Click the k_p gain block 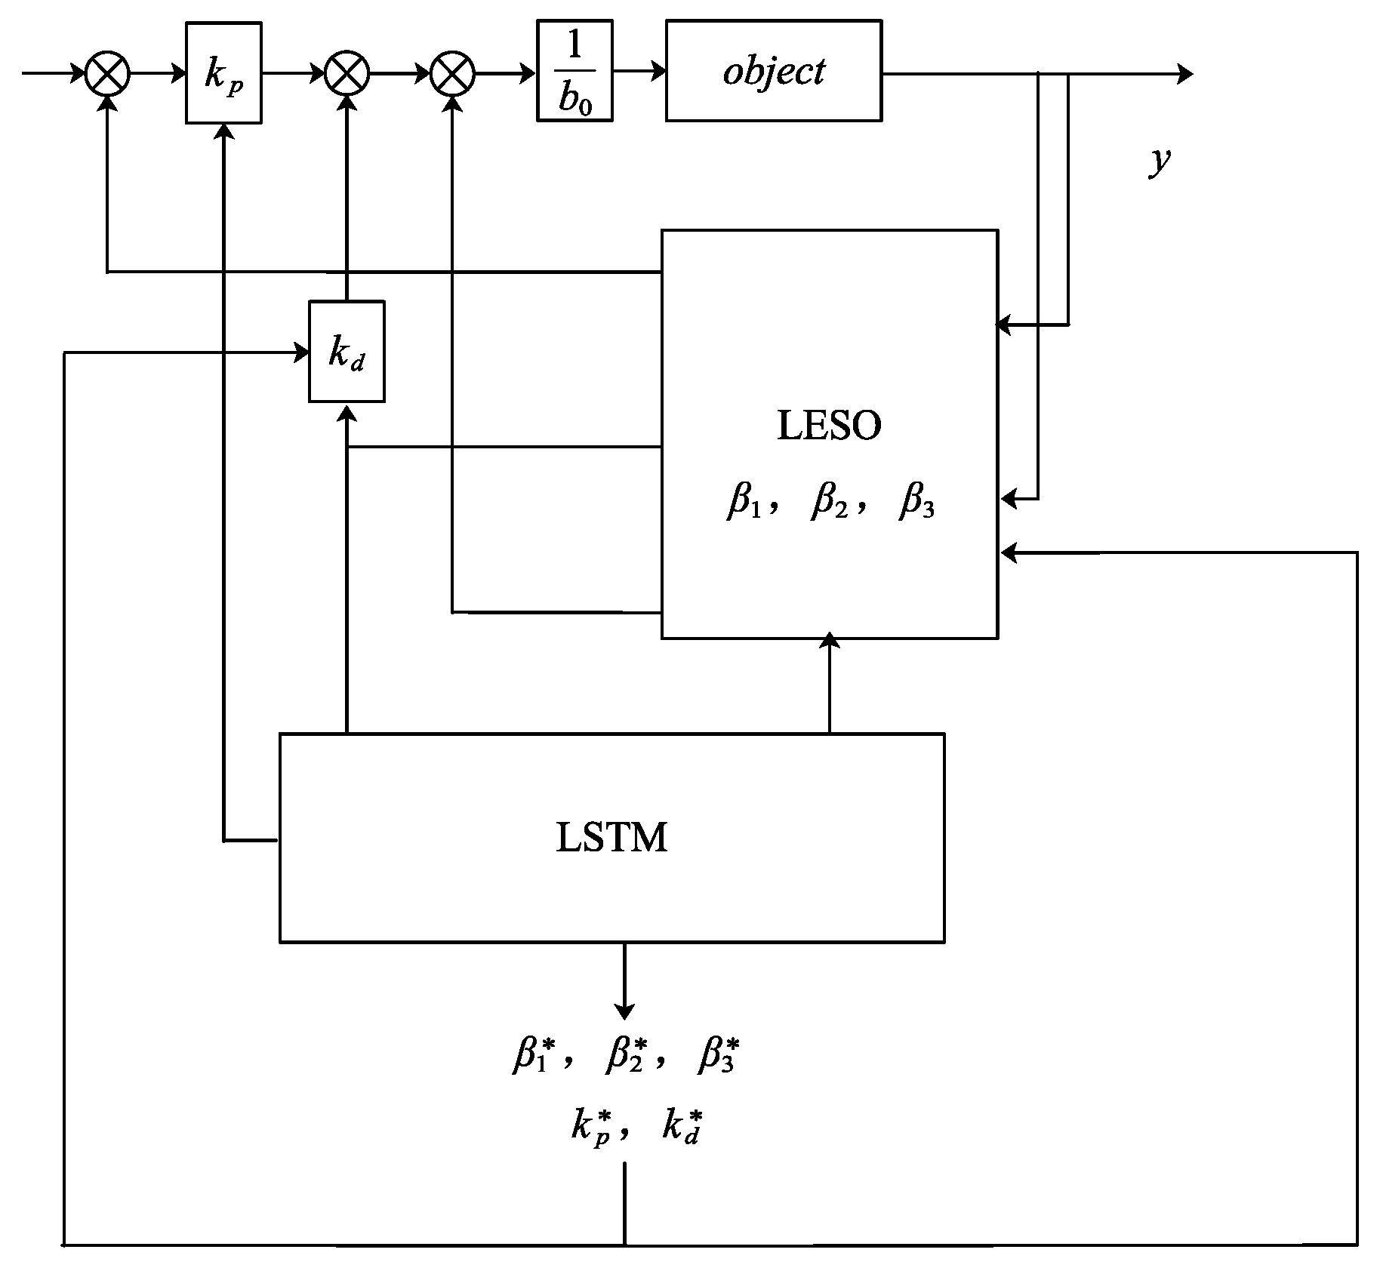(223, 73)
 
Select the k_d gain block (347, 352)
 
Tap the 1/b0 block (574, 72)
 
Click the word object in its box (773, 71)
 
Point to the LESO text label (829, 426)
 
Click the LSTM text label (611, 838)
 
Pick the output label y (1159, 160)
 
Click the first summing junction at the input (107, 74)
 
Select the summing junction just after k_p (347, 74)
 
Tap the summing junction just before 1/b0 (452, 74)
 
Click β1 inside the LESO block (743, 502)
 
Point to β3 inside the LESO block (916, 502)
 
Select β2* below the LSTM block (626, 1055)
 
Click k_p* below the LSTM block (591, 1128)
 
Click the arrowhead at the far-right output (1185, 74)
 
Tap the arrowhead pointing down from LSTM (624, 1010)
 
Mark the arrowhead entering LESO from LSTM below (830, 640)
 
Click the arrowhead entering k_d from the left (302, 352)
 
